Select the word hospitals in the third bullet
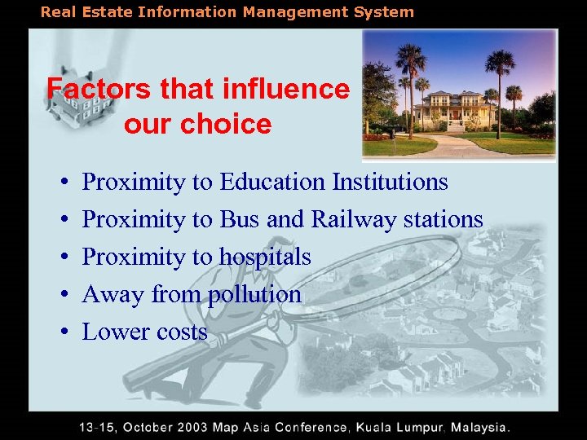(265, 257)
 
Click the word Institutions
(390, 182)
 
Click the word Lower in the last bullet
(113, 332)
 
